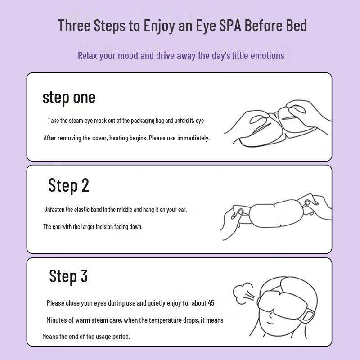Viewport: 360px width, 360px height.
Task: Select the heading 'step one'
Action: [69, 97]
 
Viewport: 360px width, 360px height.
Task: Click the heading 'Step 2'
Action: [69, 185]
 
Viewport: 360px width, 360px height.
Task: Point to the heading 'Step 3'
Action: [68, 276]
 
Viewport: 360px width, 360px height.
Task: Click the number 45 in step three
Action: [211, 303]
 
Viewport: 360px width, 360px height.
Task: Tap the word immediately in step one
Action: [193, 138]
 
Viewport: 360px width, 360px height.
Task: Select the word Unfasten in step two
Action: [54, 210]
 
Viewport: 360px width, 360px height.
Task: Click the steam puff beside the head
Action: [244, 291]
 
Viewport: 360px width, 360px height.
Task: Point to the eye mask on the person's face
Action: [279, 301]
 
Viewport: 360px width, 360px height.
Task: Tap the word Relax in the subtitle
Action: [88, 55]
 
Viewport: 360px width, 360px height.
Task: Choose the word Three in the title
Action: [74, 25]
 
